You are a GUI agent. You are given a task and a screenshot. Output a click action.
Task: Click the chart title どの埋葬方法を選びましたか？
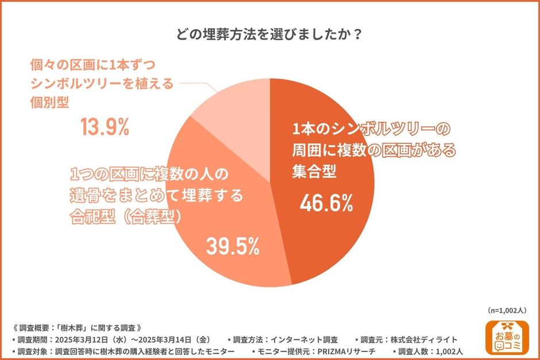click(269, 34)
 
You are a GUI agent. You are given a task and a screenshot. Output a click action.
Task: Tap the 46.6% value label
click(326, 204)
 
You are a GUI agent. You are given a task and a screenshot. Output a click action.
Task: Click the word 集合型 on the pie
click(314, 171)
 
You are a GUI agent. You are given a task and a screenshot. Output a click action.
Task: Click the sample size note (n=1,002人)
click(507, 310)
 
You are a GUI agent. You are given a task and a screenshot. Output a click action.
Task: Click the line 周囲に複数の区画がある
click(373, 150)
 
